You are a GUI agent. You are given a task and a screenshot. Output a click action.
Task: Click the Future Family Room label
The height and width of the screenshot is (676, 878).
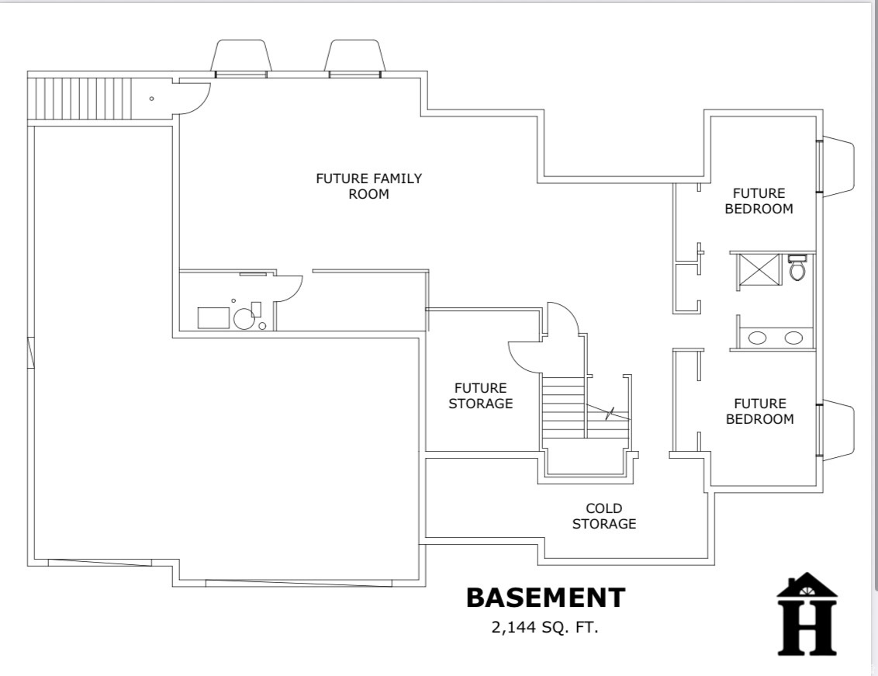[368, 186]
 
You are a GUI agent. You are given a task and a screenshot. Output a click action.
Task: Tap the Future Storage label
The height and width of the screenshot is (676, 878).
[480, 395]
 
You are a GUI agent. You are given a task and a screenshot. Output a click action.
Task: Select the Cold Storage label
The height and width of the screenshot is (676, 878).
[603, 515]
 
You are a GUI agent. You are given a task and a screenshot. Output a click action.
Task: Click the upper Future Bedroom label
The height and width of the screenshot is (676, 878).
[759, 200]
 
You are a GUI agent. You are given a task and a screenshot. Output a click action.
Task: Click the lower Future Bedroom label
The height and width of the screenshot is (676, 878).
[759, 411]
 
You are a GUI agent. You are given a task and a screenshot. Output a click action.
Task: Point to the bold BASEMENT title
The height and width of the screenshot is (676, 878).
[544, 598]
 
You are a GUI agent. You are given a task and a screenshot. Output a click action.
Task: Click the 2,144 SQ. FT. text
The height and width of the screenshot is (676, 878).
[544, 628]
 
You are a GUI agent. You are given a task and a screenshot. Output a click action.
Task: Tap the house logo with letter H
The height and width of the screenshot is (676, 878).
[807, 614]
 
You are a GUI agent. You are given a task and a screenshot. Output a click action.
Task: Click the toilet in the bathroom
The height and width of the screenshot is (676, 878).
[797, 268]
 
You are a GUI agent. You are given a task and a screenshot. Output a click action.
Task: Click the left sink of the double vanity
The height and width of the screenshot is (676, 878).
[757, 338]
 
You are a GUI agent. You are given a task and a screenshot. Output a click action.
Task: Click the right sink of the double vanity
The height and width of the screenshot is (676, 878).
[793, 338]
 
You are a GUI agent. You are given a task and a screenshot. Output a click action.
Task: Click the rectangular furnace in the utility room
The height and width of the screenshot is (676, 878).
[213, 318]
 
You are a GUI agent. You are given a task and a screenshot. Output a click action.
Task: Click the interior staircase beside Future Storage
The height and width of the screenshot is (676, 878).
[563, 409]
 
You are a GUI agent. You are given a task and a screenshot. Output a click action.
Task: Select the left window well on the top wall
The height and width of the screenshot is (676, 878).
[240, 58]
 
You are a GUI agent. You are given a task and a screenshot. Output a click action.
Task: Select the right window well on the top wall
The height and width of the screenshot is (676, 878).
[354, 58]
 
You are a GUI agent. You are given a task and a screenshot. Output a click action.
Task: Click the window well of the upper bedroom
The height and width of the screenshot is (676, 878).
[838, 165]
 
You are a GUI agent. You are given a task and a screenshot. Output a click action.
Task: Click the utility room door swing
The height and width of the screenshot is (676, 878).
[289, 288]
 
